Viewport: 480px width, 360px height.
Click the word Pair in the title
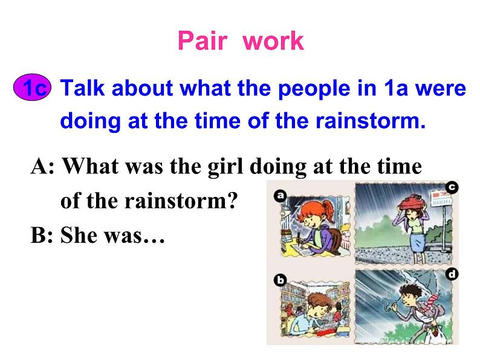tap(203, 41)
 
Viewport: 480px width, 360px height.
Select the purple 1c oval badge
tap(34, 89)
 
